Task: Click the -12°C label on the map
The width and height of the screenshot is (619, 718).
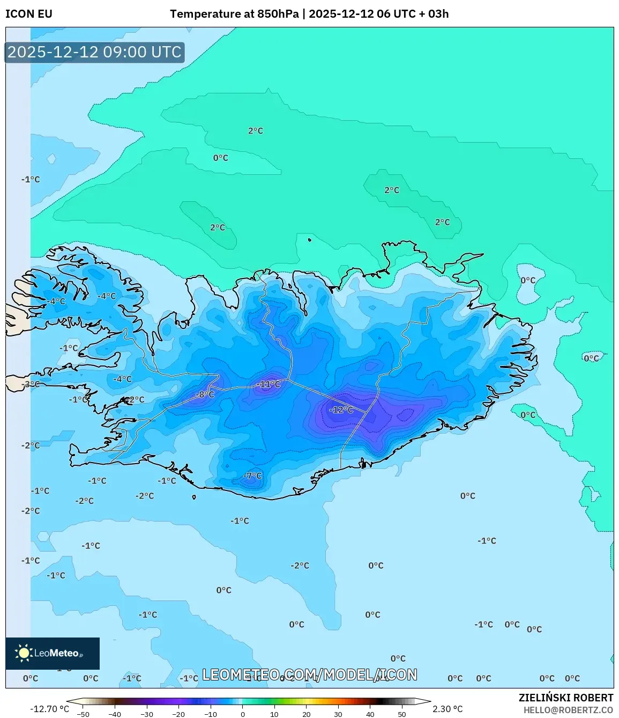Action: pyautogui.click(x=341, y=409)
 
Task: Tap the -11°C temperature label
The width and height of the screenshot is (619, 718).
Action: pyautogui.click(x=268, y=384)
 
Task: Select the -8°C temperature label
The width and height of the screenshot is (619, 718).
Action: pyautogui.click(x=204, y=394)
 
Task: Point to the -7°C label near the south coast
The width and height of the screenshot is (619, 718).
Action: pyautogui.click(x=252, y=475)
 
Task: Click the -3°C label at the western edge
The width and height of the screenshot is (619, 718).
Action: pyautogui.click(x=31, y=384)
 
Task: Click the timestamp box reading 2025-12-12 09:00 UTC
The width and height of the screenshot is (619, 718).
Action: pyautogui.click(x=94, y=52)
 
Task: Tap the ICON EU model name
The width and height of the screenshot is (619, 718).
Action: pyautogui.click(x=29, y=14)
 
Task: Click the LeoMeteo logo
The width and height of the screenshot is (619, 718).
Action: pyautogui.click(x=52, y=653)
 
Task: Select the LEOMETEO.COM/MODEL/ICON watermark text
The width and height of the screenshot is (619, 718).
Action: pyautogui.click(x=309, y=675)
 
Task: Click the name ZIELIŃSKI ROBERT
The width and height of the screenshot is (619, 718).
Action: pyautogui.click(x=565, y=698)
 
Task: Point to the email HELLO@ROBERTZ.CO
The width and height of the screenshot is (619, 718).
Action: pyautogui.click(x=568, y=710)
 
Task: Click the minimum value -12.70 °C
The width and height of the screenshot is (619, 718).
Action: pyautogui.click(x=49, y=709)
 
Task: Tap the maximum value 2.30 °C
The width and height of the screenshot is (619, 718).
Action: pyautogui.click(x=448, y=709)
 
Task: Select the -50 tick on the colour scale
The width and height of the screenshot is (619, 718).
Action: pyautogui.click(x=83, y=714)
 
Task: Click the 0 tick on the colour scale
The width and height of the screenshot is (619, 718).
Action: pyautogui.click(x=243, y=714)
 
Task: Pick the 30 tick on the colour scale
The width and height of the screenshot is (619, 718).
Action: pyautogui.click(x=338, y=714)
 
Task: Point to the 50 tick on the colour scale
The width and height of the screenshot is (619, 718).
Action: pyautogui.click(x=402, y=714)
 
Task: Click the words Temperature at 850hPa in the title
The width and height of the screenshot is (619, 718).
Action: pyautogui.click(x=234, y=14)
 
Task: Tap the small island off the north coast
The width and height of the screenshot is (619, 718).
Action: pyautogui.click(x=309, y=240)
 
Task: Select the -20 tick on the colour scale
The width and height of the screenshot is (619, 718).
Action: pyautogui.click(x=178, y=714)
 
